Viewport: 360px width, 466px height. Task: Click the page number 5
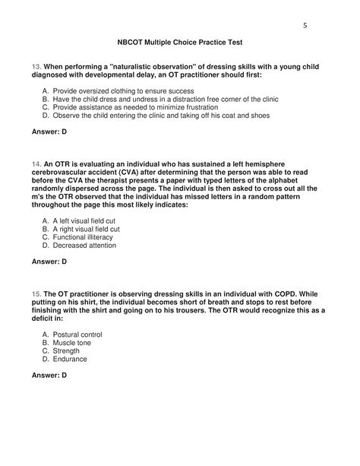(305, 25)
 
